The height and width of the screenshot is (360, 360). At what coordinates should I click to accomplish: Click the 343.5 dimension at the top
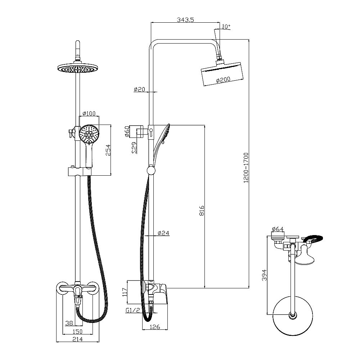(186, 20)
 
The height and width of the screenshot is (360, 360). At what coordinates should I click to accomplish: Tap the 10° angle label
(226, 27)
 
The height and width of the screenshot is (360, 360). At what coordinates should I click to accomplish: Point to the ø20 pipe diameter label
(139, 89)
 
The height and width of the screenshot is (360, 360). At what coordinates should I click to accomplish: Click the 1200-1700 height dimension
(246, 168)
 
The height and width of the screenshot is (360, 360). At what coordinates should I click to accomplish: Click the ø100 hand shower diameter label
(89, 114)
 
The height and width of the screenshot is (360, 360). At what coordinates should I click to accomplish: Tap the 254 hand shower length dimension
(108, 150)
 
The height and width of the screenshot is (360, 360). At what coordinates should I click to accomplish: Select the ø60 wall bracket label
(127, 132)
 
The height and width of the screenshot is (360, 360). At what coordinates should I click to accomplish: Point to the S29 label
(134, 148)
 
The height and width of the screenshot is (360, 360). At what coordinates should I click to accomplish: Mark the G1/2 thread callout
(133, 310)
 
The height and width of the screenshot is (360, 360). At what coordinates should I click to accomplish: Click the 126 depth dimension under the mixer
(155, 327)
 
